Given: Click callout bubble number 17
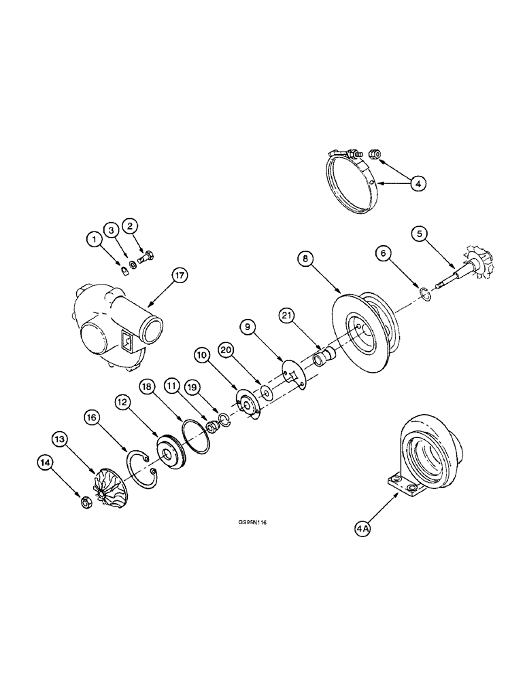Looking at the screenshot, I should [180, 276].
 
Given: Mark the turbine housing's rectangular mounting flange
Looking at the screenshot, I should [401, 487].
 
